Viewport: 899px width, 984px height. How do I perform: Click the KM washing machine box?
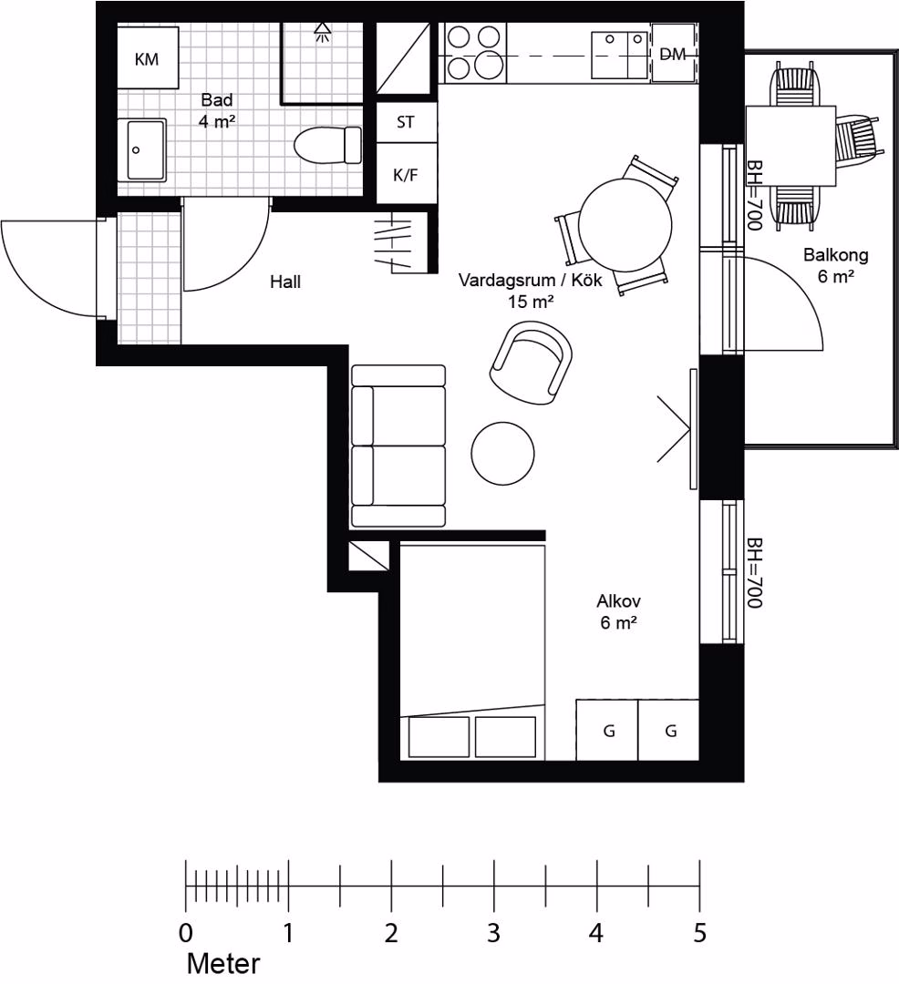148,57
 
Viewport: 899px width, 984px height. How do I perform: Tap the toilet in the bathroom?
327,145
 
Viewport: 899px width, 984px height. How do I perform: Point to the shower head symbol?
323,31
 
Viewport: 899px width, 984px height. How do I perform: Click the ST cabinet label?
406,122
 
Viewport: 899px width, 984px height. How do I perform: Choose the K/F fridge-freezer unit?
406,172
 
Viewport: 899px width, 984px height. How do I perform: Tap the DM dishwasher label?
673,55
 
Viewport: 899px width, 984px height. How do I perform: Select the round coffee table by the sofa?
503,453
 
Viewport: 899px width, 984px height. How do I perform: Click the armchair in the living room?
532,362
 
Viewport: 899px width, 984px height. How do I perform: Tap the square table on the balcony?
791,146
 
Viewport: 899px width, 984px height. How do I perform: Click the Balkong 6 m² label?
835,265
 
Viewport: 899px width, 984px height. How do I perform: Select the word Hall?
285,282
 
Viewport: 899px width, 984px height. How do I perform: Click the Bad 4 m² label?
217,110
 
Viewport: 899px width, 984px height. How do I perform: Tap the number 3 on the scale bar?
493,933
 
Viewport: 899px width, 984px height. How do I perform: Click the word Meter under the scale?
223,963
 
